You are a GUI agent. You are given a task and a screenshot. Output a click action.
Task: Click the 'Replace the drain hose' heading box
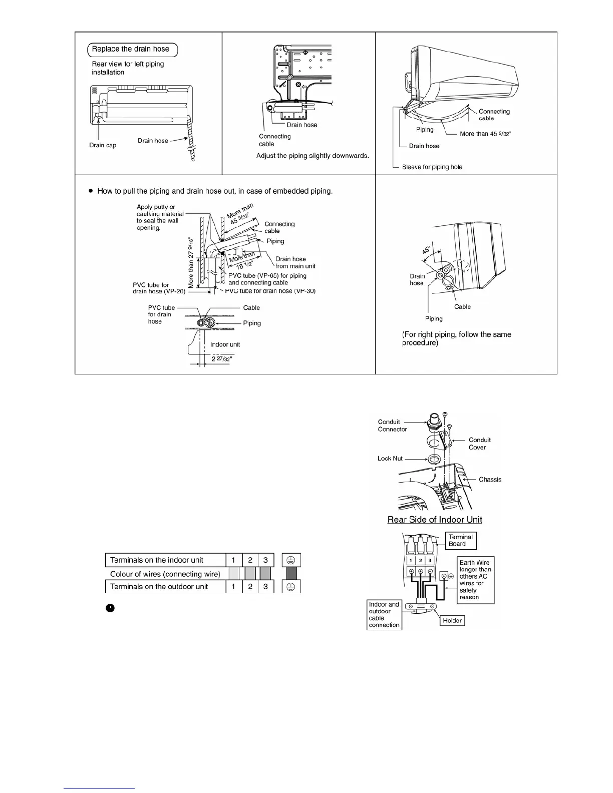[x=133, y=49]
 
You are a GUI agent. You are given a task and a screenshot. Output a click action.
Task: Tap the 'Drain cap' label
[x=103, y=145]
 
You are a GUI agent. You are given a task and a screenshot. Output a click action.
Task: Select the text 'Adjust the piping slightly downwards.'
[x=313, y=156]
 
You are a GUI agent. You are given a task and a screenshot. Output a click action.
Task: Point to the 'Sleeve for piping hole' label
[x=432, y=167]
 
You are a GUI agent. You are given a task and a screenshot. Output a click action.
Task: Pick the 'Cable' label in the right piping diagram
[x=462, y=306]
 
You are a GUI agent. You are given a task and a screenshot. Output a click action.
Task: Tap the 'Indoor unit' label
[x=225, y=344]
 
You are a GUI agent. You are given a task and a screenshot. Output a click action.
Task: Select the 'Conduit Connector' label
[x=392, y=426]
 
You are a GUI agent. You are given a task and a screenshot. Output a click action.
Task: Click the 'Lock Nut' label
[x=390, y=459]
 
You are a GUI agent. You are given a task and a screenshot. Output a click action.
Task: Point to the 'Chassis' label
[x=490, y=480]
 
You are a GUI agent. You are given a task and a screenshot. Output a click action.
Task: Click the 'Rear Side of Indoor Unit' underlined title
[x=435, y=520]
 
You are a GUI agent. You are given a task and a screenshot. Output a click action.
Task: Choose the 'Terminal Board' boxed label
[x=461, y=541]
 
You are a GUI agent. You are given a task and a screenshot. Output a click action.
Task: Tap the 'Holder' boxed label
[x=452, y=620]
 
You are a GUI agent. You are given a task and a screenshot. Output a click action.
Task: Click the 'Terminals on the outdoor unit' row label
[x=159, y=586]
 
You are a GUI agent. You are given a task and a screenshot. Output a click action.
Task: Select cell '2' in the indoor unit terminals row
[x=250, y=560]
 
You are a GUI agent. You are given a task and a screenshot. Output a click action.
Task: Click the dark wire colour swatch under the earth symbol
[x=291, y=574]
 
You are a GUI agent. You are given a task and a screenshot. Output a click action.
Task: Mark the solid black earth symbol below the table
[x=110, y=608]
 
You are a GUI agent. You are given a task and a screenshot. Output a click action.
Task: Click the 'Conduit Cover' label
[x=479, y=444]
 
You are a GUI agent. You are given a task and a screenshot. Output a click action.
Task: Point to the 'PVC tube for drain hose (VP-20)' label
[x=159, y=288]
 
